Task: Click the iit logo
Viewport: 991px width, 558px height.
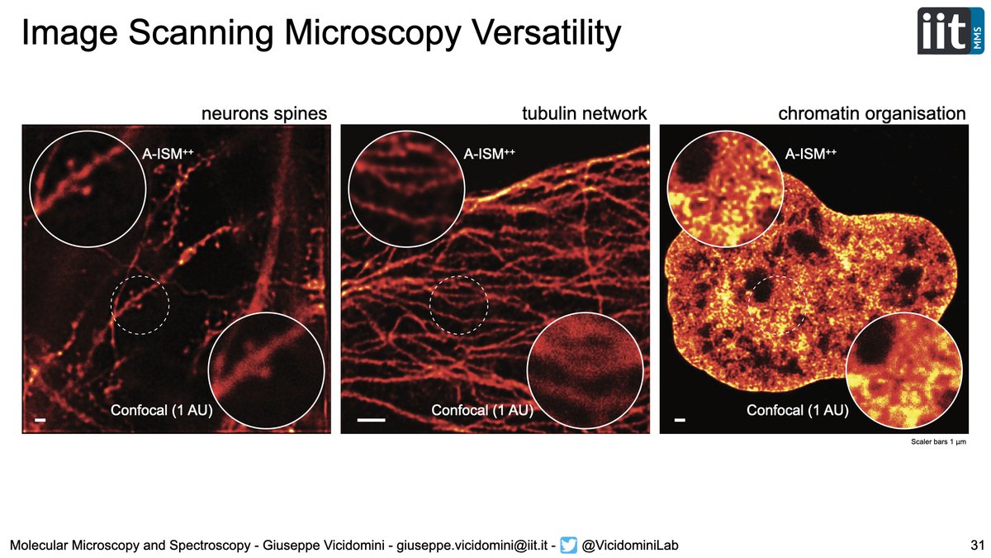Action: point(950,31)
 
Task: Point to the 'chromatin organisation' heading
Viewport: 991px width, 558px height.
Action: point(872,113)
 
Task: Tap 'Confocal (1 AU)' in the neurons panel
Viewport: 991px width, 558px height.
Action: point(162,410)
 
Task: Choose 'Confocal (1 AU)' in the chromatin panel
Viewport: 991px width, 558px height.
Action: point(798,410)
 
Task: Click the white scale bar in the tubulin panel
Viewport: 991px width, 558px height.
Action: point(372,420)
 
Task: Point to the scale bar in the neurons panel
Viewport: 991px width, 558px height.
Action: point(39,421)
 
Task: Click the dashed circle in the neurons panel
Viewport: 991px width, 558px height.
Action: point(140,305)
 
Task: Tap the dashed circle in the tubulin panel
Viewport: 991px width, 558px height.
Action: point(458,305)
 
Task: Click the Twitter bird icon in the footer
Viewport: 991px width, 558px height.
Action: point(567,544)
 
